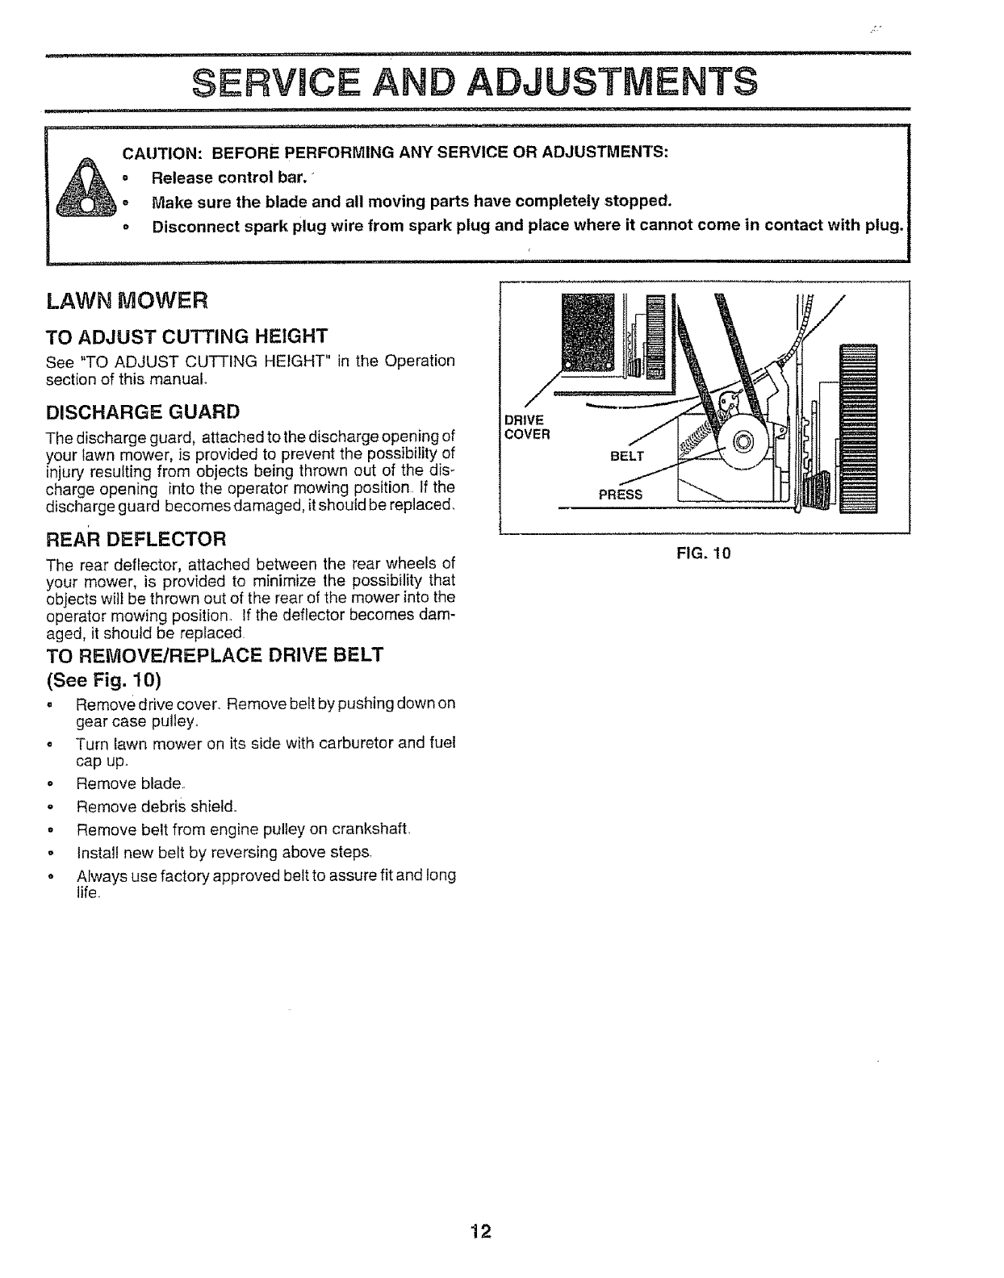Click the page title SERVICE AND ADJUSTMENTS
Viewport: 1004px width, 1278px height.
pyautogui.click(x=476, y=81)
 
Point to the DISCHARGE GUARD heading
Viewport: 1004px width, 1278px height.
pyautogui.click(x=144, y=411)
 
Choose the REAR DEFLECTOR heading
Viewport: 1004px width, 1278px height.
pyautogui.click(x=137, y=538)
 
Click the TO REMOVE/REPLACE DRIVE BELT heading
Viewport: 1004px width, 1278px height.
pyautogui.click(x=215, y=654)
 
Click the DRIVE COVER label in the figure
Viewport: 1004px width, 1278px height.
pyautogui.click(x=526, y=427)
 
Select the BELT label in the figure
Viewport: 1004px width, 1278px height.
pyautogui.click(x=627, y=456)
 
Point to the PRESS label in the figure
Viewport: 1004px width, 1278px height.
pyautogui.click(x=620, y=494)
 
